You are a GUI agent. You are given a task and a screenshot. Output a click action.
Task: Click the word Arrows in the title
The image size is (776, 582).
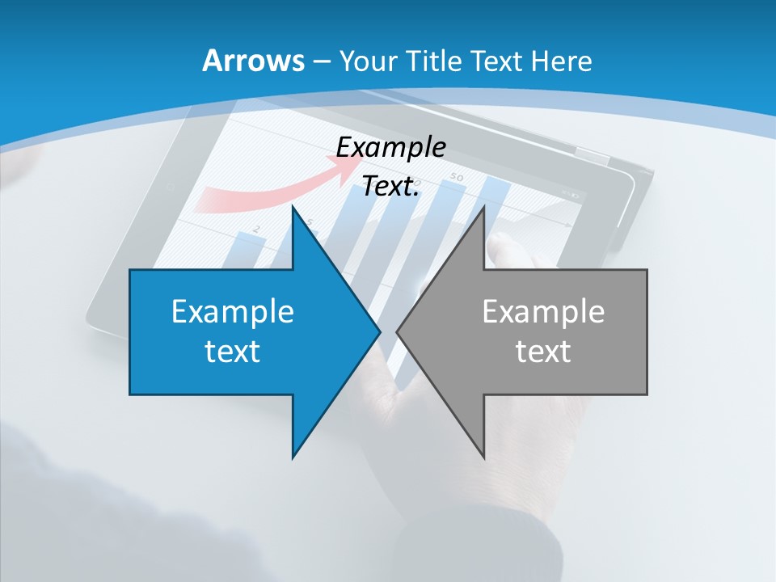coord(252,61)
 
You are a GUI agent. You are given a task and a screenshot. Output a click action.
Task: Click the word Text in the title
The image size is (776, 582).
coord(496,61)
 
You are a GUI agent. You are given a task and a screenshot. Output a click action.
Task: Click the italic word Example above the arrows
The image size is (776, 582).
coord(390,147)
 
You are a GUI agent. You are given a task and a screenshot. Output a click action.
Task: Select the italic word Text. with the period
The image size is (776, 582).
coord(390,187)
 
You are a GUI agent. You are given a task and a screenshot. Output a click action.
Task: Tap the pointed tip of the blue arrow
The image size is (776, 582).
coord(379,331)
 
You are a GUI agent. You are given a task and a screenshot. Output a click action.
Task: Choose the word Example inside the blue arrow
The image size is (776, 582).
coord(233,311)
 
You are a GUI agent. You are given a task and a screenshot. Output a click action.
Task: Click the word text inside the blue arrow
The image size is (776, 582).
coord(233,351)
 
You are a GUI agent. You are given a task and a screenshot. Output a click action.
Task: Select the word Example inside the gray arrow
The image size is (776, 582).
coord(543,311)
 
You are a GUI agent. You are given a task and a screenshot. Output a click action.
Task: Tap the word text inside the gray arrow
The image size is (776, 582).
coord(543,351)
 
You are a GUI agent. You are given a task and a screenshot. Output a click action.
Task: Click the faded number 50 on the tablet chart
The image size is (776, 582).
coord(457,176)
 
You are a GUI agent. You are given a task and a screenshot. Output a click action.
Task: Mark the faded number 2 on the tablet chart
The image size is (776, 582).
coord(255,230)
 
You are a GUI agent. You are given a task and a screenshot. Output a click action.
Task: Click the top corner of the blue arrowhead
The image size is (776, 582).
coord(293,207)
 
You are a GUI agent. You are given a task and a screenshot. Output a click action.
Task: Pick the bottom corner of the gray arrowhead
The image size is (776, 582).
coord(483,457)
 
